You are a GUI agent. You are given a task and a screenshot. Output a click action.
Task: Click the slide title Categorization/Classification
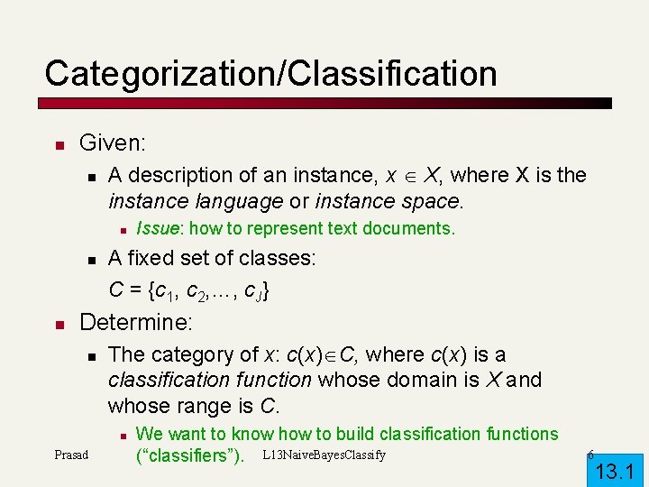coord(270,73)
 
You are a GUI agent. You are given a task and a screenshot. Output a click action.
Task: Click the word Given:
coord(113,142)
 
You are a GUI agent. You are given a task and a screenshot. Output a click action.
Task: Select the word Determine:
coord(135,322)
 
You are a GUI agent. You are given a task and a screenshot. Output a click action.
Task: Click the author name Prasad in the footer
coord(71,455)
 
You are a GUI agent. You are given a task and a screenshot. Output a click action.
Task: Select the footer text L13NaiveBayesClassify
coord(324,455)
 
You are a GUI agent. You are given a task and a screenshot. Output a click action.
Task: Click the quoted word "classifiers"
coord(189,455)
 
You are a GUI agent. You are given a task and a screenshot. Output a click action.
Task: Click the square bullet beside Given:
coord(57,144)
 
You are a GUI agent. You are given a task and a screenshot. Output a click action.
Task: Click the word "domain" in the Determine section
coord(410,380)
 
